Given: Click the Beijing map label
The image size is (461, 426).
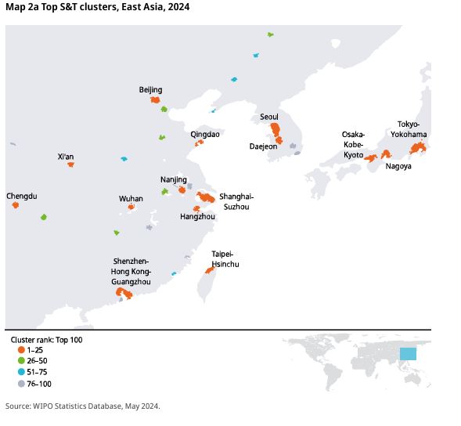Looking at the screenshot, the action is (x=150, y=90).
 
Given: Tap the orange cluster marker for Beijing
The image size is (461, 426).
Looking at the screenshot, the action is (x=155, y=100).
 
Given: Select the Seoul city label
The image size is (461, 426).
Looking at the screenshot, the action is (x=269, y=117).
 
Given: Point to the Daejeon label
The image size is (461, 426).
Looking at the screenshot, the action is (x=263, y=146).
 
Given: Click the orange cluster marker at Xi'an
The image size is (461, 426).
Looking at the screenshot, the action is (x=71, y=164).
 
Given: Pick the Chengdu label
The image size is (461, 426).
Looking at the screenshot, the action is (x=22, y=197).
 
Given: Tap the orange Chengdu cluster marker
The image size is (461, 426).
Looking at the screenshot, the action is (x=16, y=204).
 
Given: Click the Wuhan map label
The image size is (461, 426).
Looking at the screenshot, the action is (x=131, y=199).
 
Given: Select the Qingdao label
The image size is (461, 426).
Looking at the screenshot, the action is (x=205, y=135).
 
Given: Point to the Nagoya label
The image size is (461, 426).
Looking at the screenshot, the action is (x=398, y=166).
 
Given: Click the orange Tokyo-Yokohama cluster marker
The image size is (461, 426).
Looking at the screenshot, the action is (x=418, y=148).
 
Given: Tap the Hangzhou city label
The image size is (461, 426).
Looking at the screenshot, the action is (x=197, y=217).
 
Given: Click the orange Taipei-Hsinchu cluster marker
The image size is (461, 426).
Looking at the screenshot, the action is (x=210, y=270).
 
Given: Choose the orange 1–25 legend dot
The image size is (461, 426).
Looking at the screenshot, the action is (x=21, y=350).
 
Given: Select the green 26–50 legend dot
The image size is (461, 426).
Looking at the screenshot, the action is (x=21, y=361).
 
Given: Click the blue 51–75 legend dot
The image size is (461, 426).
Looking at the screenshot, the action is (x=21, y=372).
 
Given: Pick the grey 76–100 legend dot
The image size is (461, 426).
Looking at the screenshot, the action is (x=21, y=384).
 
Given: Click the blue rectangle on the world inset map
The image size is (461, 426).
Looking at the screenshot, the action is (x=408, y=354).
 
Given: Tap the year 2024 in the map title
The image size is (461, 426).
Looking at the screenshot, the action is (x=178, y=7).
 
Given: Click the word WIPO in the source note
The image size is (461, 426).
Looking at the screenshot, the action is (x=42, y=406).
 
